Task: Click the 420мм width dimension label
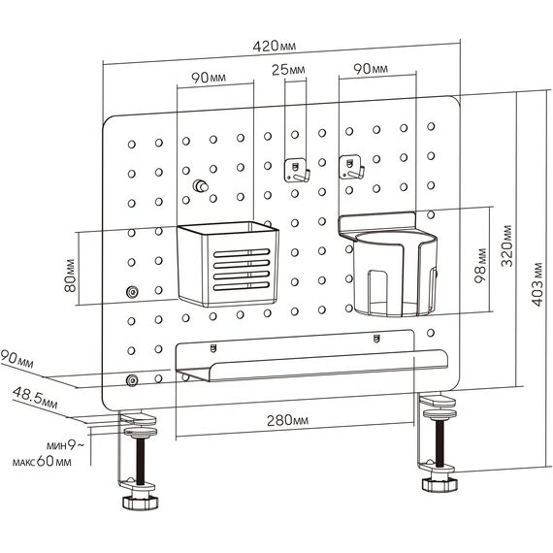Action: click(274, 46)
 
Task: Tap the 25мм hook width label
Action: click(288, 70)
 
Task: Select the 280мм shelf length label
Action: click(287, 420)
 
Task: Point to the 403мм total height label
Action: click(537, 284)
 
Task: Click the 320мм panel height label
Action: click(506, 245)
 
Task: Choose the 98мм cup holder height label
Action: click(480, 266)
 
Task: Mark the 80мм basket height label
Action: click(70, 276)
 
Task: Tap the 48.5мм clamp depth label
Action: click(35, 398)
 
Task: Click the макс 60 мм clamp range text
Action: click(42, 461)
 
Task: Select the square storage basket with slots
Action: click(227, 264)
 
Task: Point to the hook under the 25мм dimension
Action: click(297, 171)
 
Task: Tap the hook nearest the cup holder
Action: click(351, 168)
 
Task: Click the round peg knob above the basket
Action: click(200, 185)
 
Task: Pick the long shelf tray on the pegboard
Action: click(311, 355)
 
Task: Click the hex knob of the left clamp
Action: click(141, 502)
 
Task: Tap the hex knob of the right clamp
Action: click(439, 484)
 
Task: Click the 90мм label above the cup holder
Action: click(371, 69)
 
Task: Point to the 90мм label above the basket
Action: click(209, 78)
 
